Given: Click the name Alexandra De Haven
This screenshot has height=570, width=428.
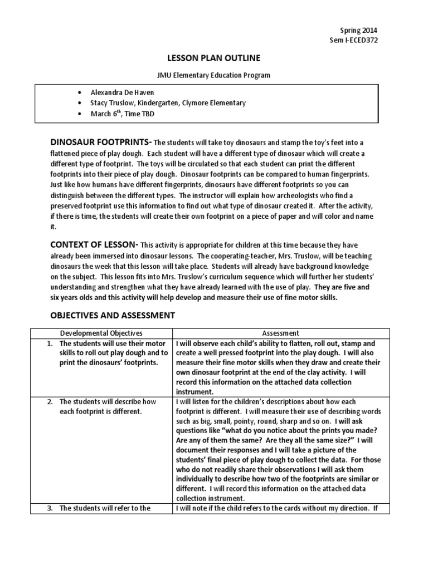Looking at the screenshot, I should tap(123, 92).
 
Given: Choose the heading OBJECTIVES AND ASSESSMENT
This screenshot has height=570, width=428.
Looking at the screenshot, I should tap(113, 315).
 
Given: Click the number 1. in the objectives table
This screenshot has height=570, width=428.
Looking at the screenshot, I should tap(50, 343).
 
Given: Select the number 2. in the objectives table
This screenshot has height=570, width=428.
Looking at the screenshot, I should tap(50, 401).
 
